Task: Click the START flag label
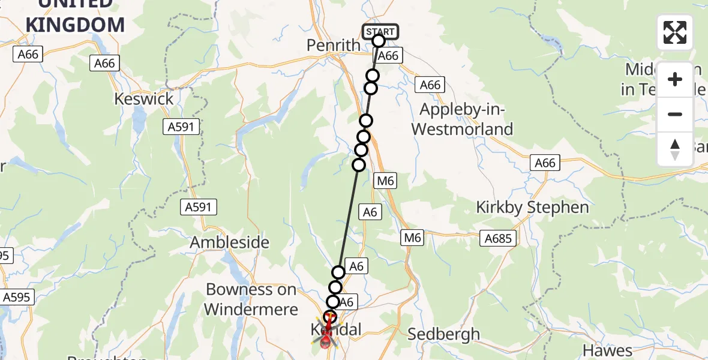coord(380,31)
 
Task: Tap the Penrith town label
coord(333,46)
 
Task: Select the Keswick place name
coord(145,99)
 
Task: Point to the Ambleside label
coord(230,243)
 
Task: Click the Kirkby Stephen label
coord(532,208)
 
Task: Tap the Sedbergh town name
coord(443,334)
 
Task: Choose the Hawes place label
coord(607,350)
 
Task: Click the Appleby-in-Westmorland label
coord(466,119)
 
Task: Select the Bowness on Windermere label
coord(251,299)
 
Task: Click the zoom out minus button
coord(675,114)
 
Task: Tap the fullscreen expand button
coord(675,32)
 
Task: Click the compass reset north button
coord(675,149)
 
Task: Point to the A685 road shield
coord(498,239)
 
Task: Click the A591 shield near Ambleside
coord(199,208)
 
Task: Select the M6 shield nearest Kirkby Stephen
coord(413,238)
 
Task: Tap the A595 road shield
coord(17,297)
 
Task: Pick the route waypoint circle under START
coord(379,41)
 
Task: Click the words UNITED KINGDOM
coord(75,16)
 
